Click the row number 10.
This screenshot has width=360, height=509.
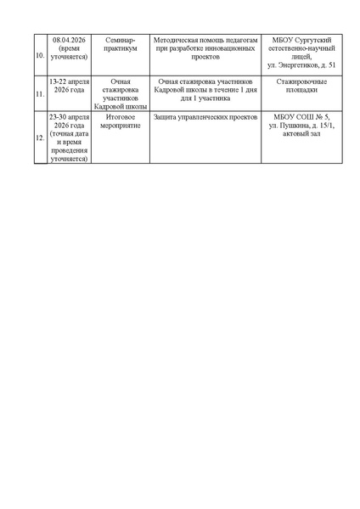point(40,57)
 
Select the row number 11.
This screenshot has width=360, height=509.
point(40,94)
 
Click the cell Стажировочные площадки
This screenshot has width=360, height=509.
point(302,86)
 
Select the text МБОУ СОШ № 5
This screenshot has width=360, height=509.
point(302,115)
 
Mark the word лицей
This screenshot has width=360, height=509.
point(301,57)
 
